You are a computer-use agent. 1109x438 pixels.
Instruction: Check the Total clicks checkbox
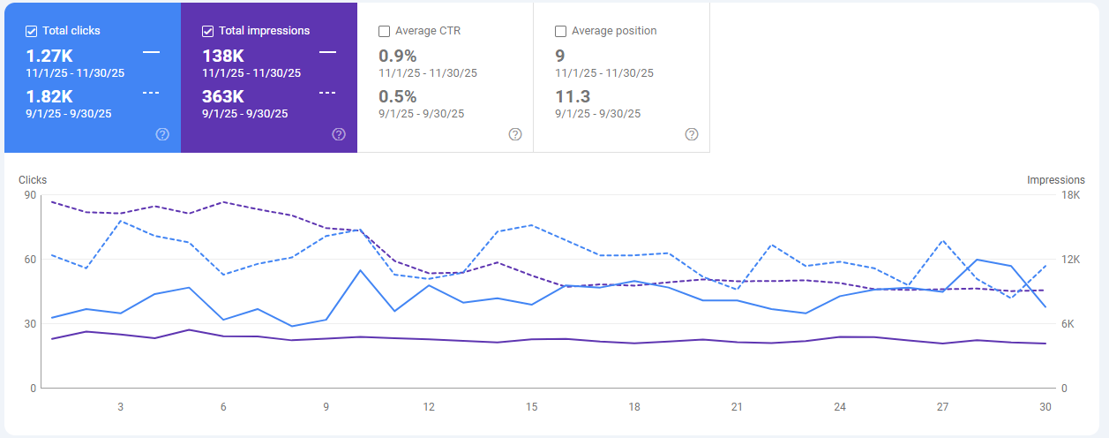tap(32, 31)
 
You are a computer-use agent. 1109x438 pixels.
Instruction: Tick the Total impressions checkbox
tap(208, 31)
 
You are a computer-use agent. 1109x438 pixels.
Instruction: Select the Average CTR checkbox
tap(385, 31)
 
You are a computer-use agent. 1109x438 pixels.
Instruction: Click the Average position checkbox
tap(561, 31)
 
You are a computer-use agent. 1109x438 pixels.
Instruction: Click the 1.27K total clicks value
tap(49, 56)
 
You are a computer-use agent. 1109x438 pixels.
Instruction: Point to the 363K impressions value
tap(223, 96)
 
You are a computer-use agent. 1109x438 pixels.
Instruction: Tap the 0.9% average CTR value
tap(397, 56)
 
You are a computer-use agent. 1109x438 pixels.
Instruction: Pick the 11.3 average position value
tap(573, 96)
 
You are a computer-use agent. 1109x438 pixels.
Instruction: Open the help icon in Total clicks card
tap(162, 134)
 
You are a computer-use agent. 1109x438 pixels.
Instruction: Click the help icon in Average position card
tap(692, 134)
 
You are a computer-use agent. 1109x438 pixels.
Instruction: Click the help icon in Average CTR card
tap(515, 134)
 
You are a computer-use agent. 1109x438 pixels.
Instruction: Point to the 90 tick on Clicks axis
tap(30, 195)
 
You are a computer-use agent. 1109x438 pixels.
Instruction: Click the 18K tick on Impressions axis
tap(1069, 195)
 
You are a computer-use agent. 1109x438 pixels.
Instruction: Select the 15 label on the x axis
tap(531, 407)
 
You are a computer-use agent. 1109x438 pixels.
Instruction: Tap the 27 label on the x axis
tap(942, 407)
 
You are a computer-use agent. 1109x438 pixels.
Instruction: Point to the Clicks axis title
tap(33, 180)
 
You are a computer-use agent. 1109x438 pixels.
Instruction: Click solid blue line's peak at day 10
tap(361, 270)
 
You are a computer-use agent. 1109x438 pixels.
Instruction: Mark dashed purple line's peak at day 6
tap(223, 202)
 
